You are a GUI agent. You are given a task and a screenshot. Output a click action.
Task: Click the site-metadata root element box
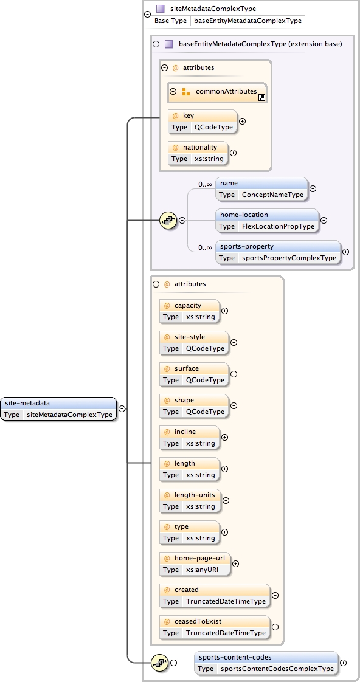click(x=58, y=408)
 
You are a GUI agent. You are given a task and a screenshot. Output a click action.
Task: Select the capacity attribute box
click(x=189, y=311)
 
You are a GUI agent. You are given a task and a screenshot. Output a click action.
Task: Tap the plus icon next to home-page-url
click(x=236, y=563)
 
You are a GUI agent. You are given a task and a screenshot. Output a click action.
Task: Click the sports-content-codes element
click(x=266, y=663)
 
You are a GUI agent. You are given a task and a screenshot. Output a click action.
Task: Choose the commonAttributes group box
click(x=218, y=92)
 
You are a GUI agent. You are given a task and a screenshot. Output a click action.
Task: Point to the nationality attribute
click(x=197, y=153)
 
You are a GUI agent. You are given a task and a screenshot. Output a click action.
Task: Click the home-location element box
click(x=267, y=220)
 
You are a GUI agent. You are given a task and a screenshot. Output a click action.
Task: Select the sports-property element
click(x=278, y=252)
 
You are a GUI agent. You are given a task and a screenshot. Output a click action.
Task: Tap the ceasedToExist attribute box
click(x=214, y=627)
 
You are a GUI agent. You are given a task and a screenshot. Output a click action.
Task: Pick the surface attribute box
click(x=194, y=374)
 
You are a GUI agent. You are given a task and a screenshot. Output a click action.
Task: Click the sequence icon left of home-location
click(x=167, y=220)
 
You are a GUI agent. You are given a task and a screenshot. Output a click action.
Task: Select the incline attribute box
click(x=189, y=437)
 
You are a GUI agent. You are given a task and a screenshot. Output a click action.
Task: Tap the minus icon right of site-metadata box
click(x=122, y=408)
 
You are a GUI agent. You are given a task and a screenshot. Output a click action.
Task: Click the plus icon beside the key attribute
click(x=243, y=121)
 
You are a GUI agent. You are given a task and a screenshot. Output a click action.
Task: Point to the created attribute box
click(x=214, y=595)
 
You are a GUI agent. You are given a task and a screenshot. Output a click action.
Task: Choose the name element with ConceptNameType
click(x=261, y=188)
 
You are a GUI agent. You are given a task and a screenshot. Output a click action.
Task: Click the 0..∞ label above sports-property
click(x=204, y=247)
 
